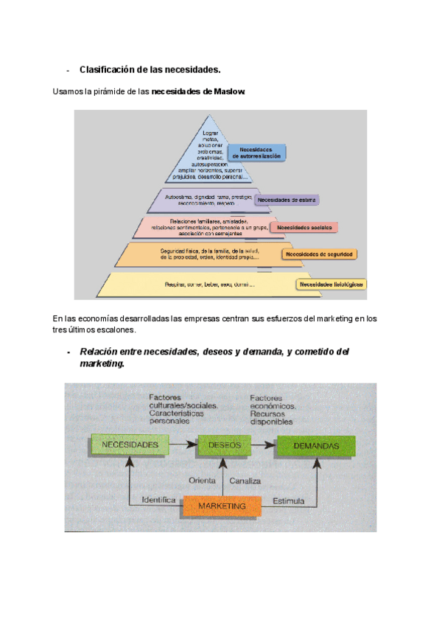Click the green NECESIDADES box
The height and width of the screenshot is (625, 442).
coord(130,446)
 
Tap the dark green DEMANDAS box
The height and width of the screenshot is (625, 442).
coord(315,446)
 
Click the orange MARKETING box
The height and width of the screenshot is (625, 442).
coord(222,506)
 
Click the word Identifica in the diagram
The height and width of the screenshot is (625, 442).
coord(158,499)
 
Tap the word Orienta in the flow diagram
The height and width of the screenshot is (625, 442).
coord(201,481)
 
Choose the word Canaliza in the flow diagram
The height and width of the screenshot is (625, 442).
coord(245,481)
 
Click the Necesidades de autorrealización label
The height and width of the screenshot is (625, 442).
coord(257,153)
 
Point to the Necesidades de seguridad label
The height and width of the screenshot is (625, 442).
coord(319,254)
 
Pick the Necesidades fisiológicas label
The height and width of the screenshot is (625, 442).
coord(321,284)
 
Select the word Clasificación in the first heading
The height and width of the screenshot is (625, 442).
coord(106,70)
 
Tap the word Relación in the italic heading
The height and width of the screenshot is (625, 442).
coord(99,352)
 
